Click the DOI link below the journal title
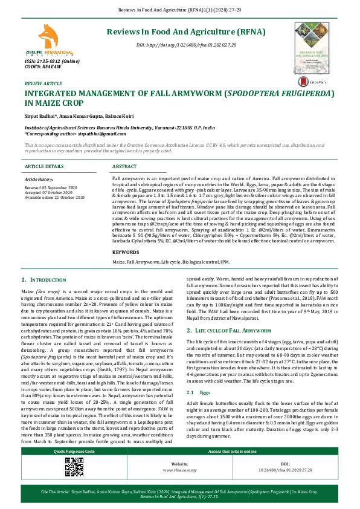pyautogui.click(x=186, y=45)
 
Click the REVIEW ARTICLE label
pyautogui.click(x=43, y=83)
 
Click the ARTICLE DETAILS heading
pyautogui.click(x=43, y=166)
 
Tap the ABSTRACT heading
pyautogui.click(x=124, y=166)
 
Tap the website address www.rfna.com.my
pyautogui.click(x=180, y=486)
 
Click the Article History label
pyautogui.click(x=39, y=180)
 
